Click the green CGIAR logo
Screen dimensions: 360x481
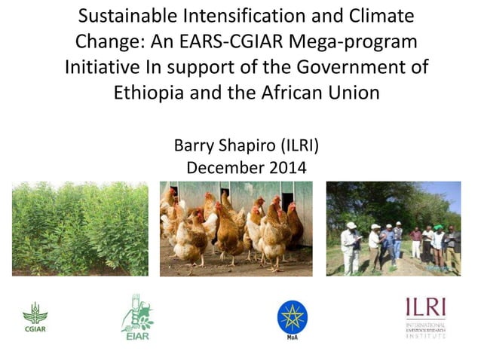(35, 317)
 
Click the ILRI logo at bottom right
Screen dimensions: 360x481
(427, 317)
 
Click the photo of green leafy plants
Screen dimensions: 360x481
(80, 229)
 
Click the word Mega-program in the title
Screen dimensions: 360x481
(354, 41)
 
